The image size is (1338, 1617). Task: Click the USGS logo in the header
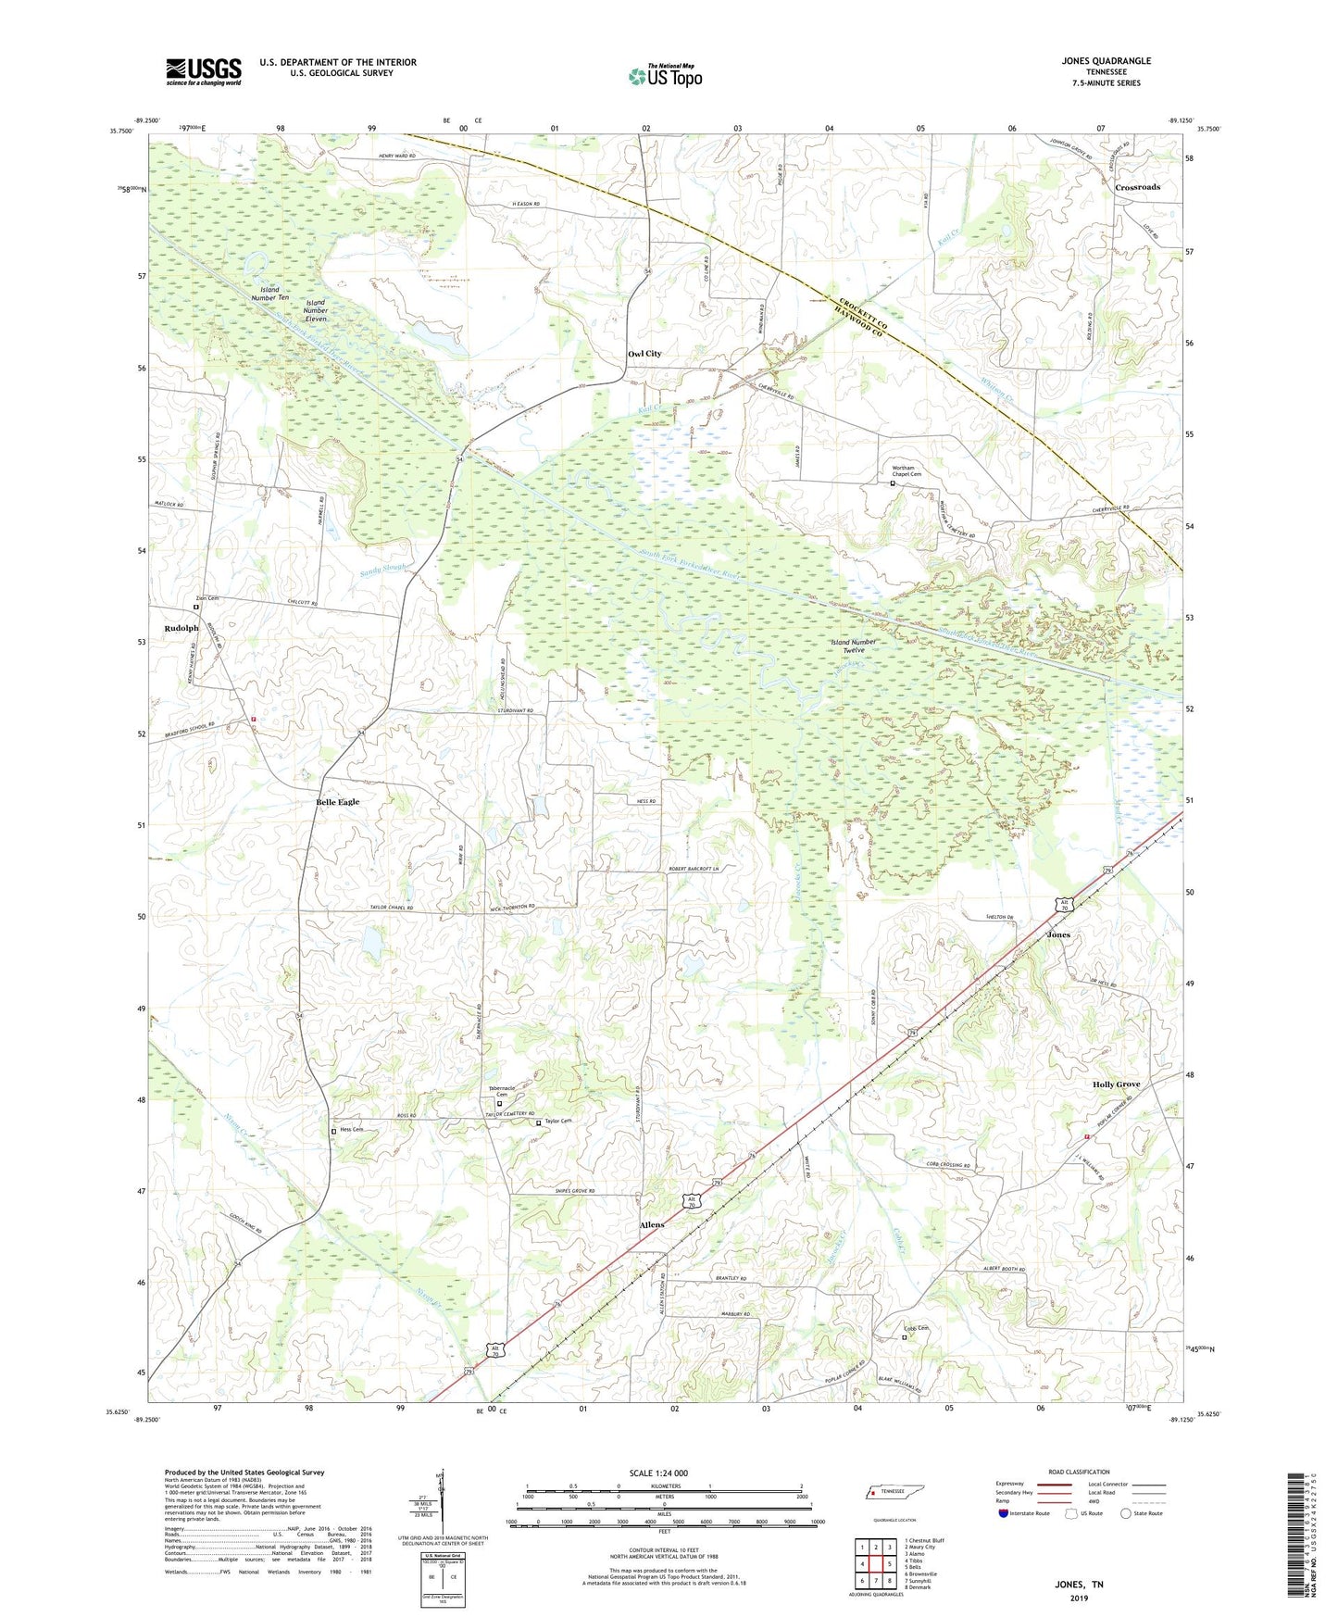(x=204, y=70)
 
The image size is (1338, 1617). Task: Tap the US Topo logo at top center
(x=664, y=76)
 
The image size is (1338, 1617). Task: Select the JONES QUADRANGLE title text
(x=1107, y=61)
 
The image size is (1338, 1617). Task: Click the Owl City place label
(x=644, y=354)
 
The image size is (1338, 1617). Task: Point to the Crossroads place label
(x=1137, y=187)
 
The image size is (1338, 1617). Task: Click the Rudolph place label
(x=181, y=629)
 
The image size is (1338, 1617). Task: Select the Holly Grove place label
(x=1116, y=1084)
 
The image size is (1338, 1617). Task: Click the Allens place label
(x=652, y=1225)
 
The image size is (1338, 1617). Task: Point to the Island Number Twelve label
(x=853, y=646)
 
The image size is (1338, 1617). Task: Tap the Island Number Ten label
(x=269, y=295)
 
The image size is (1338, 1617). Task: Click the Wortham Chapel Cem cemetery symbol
(x=893, y=483)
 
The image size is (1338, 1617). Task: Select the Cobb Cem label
(x=916, y=1328)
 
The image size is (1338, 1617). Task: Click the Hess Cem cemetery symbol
(x=334, y=1132)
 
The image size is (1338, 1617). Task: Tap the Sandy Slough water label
(x=383, y=567)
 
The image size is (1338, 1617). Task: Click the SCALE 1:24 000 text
(x=658, y=1473)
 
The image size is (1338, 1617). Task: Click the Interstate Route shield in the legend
(x=1004, y=1513)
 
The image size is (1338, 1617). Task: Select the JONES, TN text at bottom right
(x=1079, y=1585)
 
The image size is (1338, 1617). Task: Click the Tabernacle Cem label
(x=501, y=1091)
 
